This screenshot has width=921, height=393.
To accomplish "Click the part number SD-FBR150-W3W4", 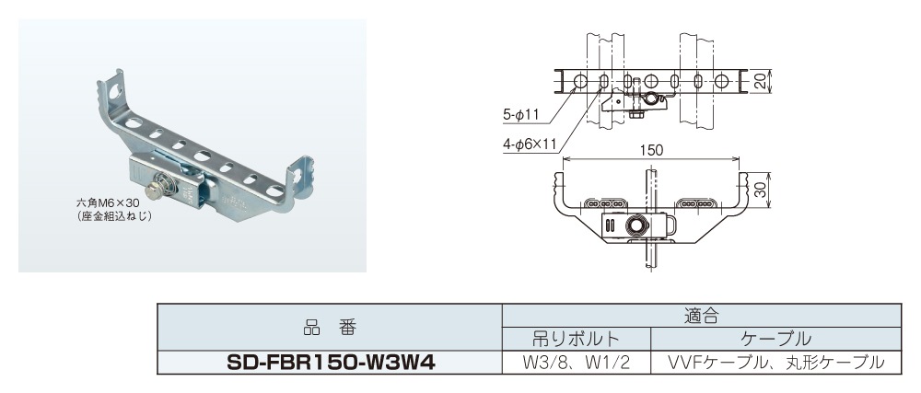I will (x=331, y=362).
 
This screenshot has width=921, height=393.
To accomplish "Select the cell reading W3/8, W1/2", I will (x=576, y=362).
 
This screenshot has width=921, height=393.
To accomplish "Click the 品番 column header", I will (x=331, y=327).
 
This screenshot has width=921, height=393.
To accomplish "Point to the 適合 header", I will (x=700, y=316).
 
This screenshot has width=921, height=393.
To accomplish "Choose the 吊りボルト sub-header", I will (x=576, y=338).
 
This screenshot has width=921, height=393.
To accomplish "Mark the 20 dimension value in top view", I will (x=760, y=81).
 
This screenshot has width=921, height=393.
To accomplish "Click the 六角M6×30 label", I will (x=108, y=202).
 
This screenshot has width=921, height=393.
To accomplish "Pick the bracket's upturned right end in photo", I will (x=300, y=174).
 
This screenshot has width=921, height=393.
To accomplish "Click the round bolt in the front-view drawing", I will (x=636, y=225).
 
